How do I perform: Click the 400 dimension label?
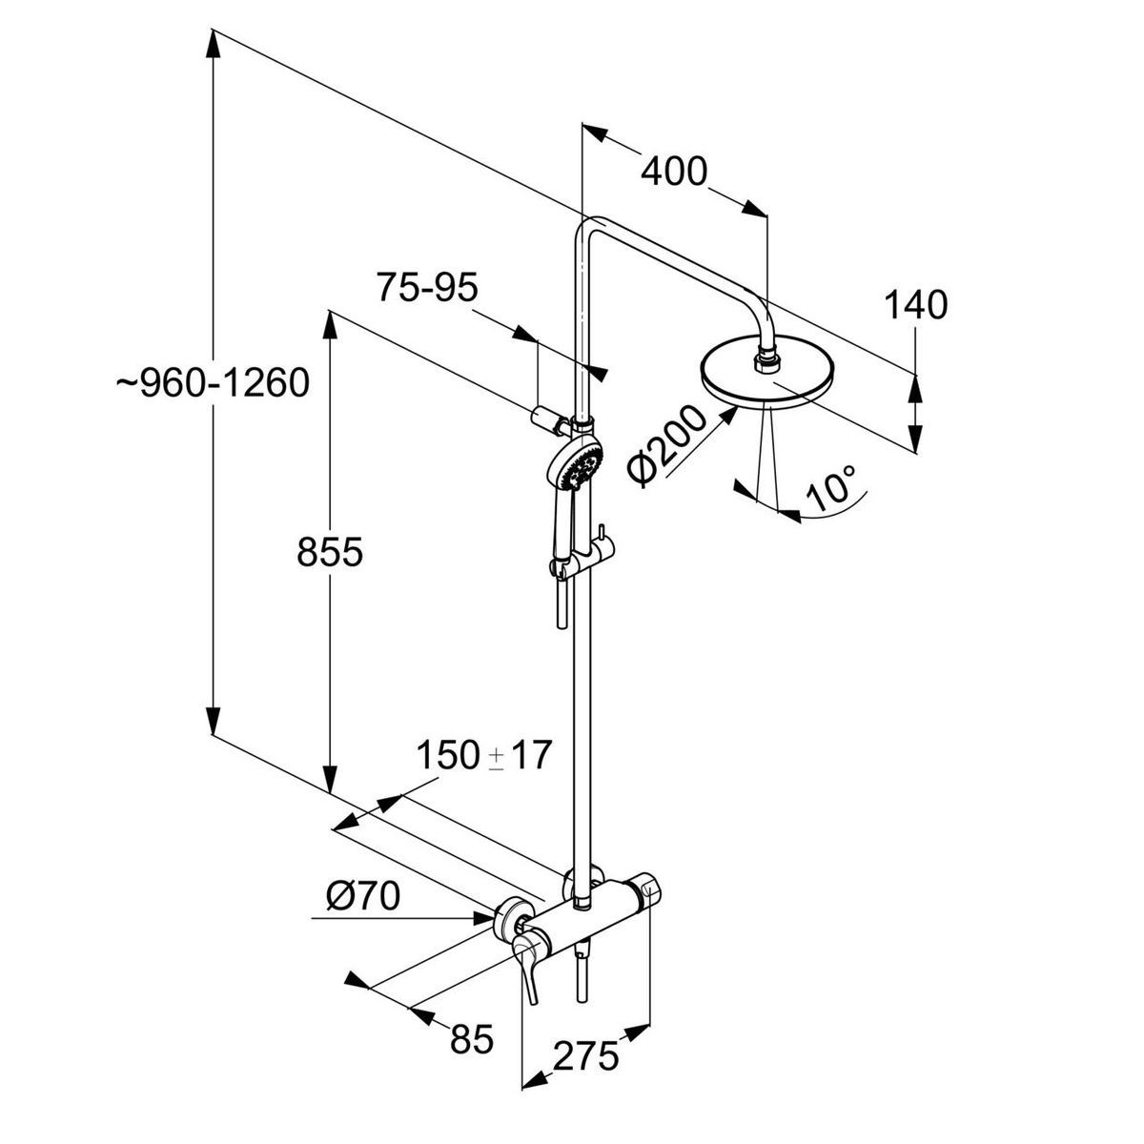coord(674,172)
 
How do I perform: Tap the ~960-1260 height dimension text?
coord(212,382)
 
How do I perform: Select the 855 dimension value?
coord(330,552)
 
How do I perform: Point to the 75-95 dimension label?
coord(427,289)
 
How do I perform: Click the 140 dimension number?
coord(915,305)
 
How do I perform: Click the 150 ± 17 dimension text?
coord(484,755)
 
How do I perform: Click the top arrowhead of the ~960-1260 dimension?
coord(213,43)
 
